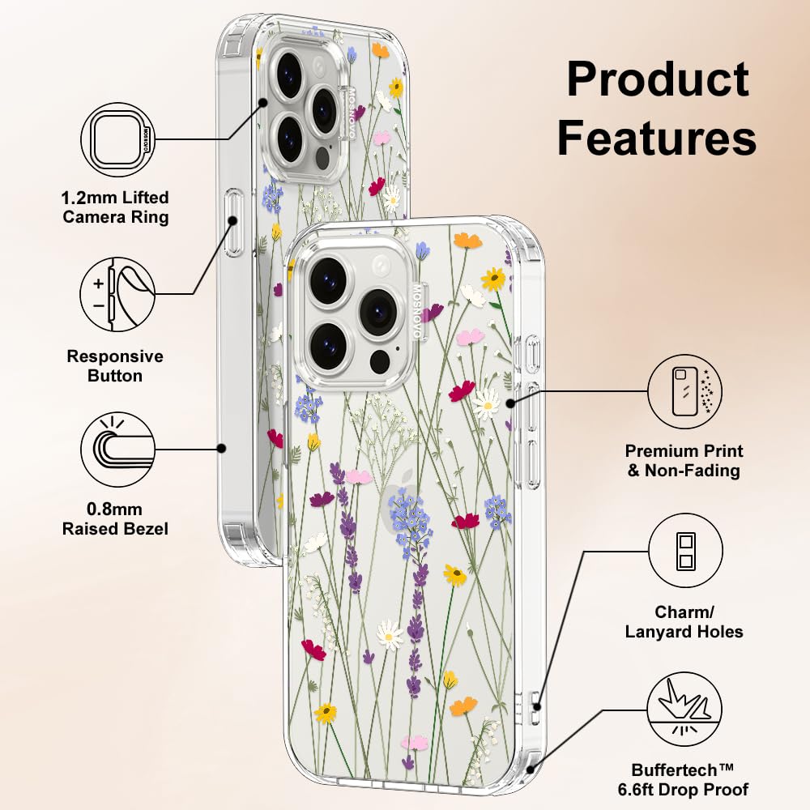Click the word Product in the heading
(x=658, y=80)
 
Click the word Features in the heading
(x=657, y=137)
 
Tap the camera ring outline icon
(x=117, y=140)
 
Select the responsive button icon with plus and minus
(x=117, y=295)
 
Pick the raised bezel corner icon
(x=117, y=449)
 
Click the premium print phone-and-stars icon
(x=684, y=391)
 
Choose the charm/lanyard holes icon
(x=685, y=550)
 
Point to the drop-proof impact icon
(x=684, y=710)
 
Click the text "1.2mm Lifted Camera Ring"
(x=115, y=207)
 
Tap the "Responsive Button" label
(x=115, y=366)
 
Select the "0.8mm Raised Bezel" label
(x=115, y=518)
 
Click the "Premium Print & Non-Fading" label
(x=684, y=460)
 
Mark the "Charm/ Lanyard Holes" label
(x=684, y=622)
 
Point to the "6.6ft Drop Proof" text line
(x=683, y=789)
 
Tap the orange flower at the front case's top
(x=467, y=241)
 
